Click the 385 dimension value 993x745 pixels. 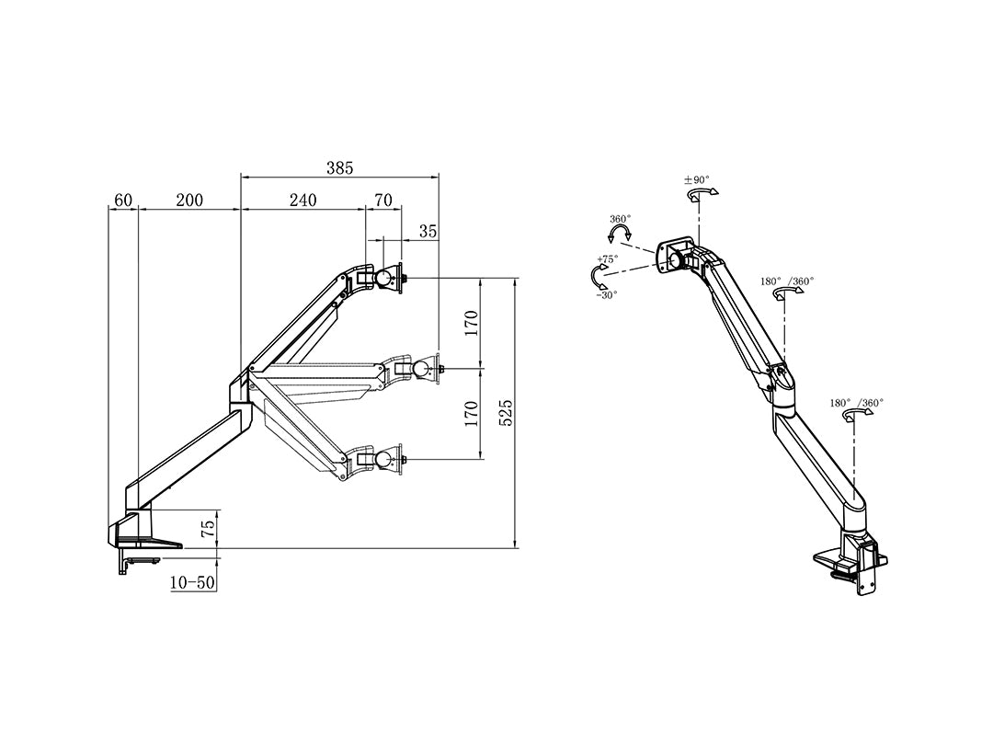(x=339, y=168)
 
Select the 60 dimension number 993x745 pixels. (x=123, y=201)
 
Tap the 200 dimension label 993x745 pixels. (x=189, y=201)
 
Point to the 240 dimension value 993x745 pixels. (x=302, y=201)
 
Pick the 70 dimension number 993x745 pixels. (x=383, y=201)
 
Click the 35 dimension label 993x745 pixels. (x=428, y=231)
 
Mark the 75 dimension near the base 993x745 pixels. (x=208, y=528)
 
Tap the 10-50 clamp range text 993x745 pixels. (x=192, y=583)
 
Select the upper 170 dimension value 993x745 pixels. (x=470, y=324)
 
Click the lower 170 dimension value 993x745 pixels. (x=470, y=413)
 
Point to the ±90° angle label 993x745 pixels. (x=697, y=180)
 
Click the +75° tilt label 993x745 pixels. (x=607, y=260)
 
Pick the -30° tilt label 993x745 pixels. (x=606, y=294)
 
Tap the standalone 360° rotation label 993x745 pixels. (x=621, y=220)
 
